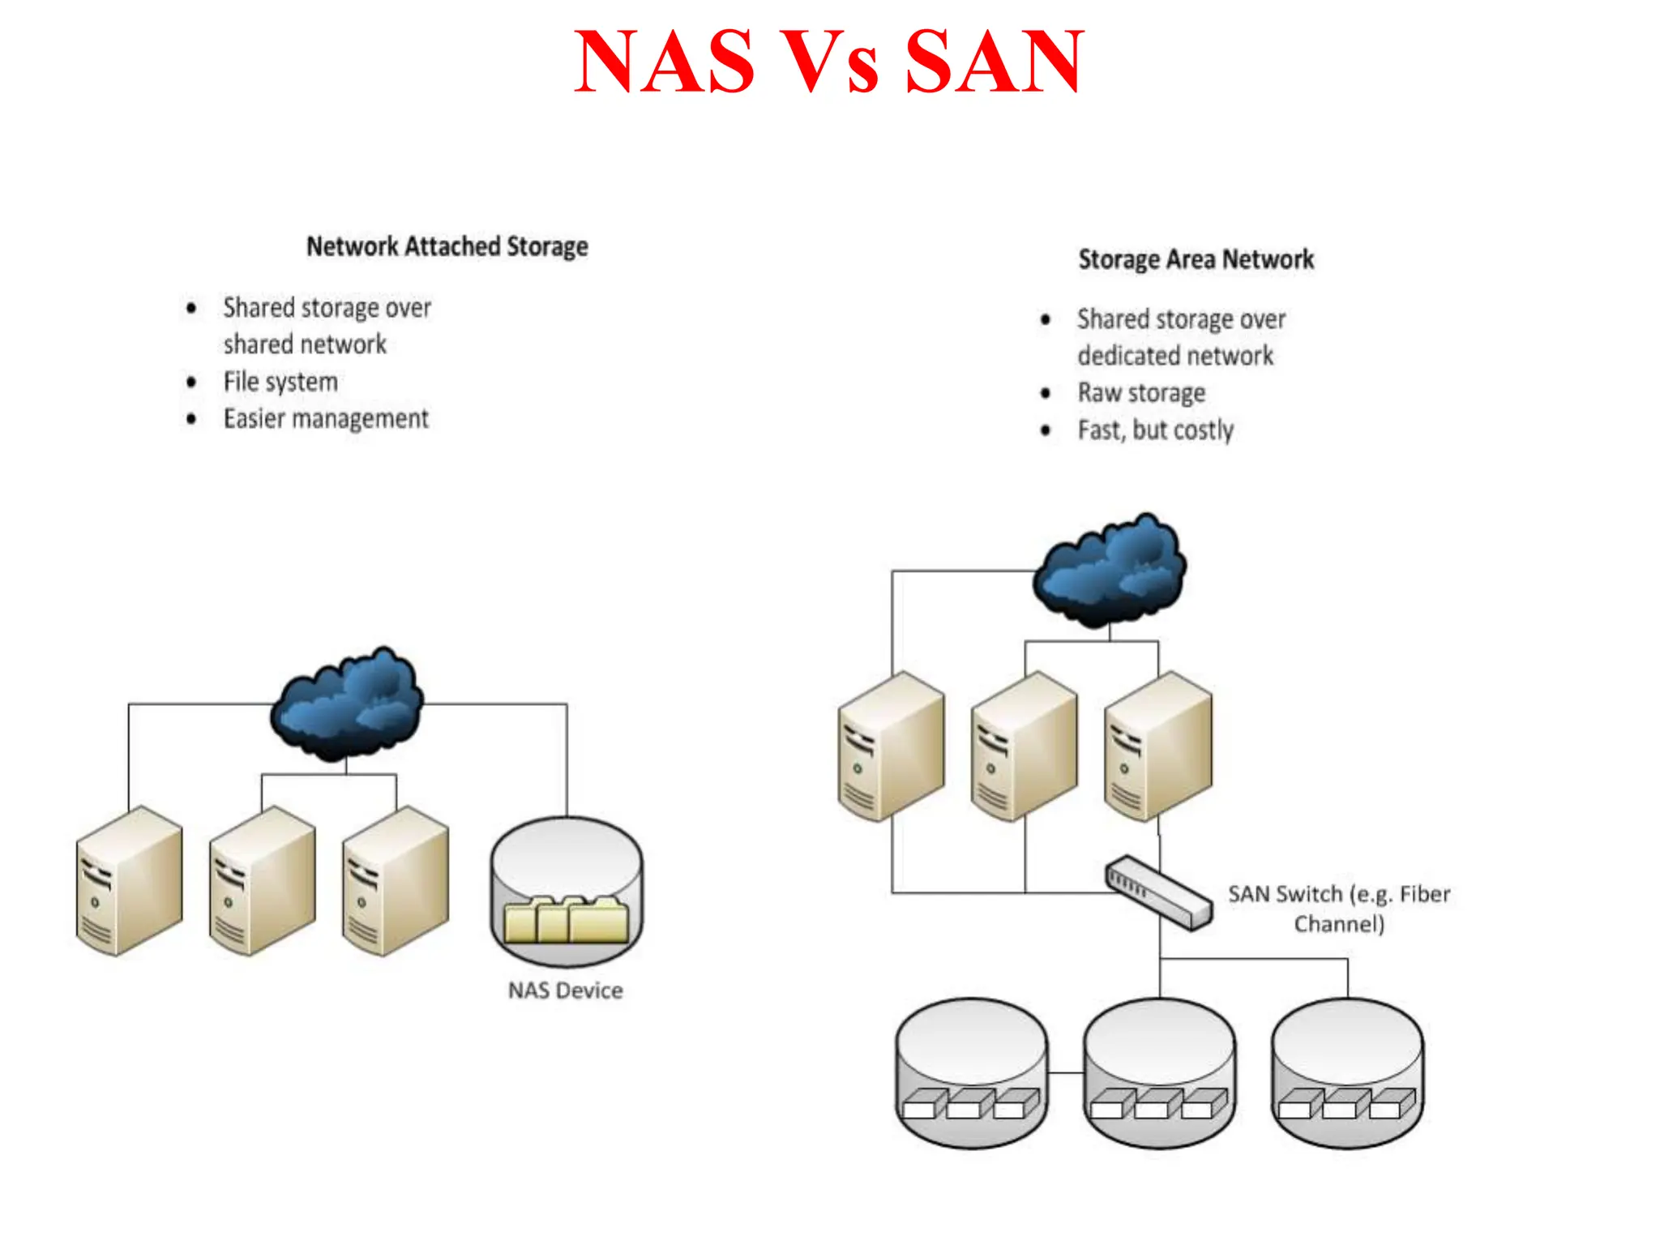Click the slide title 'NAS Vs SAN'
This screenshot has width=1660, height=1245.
pos(828,62)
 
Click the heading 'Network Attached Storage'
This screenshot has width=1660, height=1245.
pos(447,246)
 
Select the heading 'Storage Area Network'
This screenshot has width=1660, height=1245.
pos(1196,259)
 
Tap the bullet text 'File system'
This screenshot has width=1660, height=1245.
pos(280,382)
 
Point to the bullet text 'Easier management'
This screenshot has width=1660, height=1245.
pos(326,419)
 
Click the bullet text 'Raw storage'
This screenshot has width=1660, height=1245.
pos(1141,393)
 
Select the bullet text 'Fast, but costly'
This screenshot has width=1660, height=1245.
pos(1155,430)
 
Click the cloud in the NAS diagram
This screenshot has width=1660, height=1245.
pos(347,704)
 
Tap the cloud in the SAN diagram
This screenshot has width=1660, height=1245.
pos(1110,571)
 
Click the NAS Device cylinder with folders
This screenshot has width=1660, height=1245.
pos(567,892)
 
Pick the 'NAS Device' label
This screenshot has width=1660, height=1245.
pos(565,990)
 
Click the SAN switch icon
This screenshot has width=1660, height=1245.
pos(1159,892)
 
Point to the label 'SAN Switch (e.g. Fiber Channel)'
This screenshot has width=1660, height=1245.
pos(1338,909)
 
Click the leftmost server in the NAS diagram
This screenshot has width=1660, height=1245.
pos(129,880)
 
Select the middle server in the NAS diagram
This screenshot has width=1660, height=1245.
pos(262,880)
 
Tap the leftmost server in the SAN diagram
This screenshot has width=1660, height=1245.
pos(891,746)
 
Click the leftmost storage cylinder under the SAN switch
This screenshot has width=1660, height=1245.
pos(972,1072)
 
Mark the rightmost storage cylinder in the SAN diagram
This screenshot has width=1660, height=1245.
pos(1347,1072)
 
